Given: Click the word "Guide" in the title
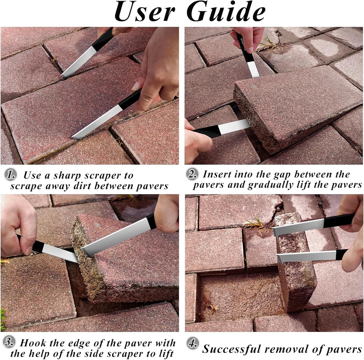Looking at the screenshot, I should (226, 12).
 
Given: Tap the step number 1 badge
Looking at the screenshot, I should (11, 175).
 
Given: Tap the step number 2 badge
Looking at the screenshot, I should (192, 174).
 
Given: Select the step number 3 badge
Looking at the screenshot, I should (10, 343).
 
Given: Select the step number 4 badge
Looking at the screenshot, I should (192, 344).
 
